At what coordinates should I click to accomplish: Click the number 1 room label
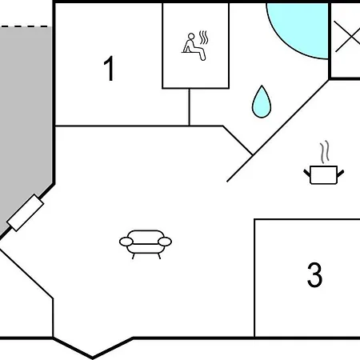click(109, 68)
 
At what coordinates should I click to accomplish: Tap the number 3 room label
click(314, 274)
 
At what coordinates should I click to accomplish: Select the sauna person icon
click(195, 46)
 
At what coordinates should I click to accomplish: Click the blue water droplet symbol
click(262, 102)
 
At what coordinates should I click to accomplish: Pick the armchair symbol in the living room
click(146, 244)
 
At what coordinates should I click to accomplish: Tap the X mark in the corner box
click(347, 37)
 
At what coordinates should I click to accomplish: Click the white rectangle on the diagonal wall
click(26, 213)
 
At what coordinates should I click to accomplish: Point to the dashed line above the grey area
click(26, 26)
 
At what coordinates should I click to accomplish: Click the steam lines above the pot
click(325, 152)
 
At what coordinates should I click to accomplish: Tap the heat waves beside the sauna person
click(204, 38)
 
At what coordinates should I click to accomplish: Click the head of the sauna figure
click(191, 36)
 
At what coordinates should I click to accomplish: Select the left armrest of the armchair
click(126, 242)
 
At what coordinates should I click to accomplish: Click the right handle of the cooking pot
click(341, 174)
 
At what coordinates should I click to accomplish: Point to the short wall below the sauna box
click(189, 107)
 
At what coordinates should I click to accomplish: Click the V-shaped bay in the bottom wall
click(93, 348)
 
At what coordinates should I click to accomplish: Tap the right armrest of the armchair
click(165, 242)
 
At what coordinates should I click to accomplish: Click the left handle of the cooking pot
click(307, 174)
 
